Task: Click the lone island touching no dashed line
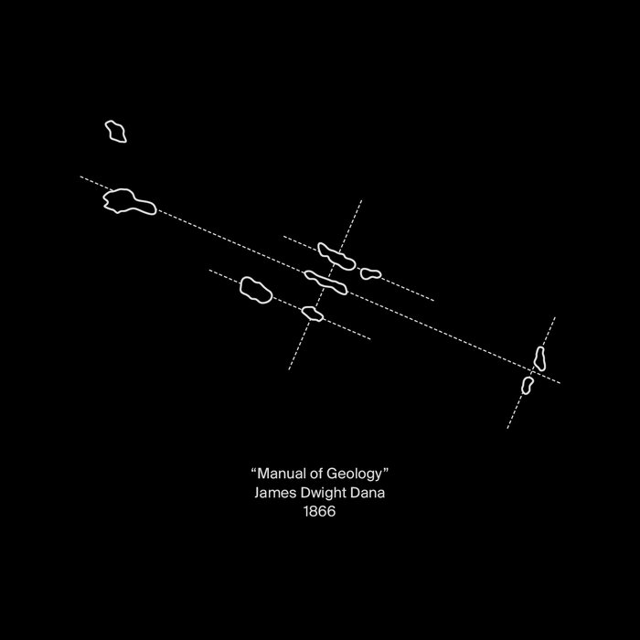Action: click(x=116, y=132)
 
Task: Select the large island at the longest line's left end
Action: click(x=130, y=201)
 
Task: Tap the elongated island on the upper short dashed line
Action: click(x=336, y=256)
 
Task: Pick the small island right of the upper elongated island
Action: click(x=370, y=273)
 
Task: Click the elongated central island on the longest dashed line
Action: click(x=325, y=283)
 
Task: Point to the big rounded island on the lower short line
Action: click(x=256, y=290)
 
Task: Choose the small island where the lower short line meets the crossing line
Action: click(x=313, y=314)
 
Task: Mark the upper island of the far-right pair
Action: click(x=539, y=358)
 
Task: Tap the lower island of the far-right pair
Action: click(x=527, y=385)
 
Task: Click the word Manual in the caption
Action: click(x=282, y=474)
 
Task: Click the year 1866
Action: click(x=320, y=511)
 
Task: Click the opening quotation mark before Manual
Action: click(x=254, y=470)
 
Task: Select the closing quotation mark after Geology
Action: click(x=385, y=470)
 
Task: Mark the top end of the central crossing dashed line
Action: click(x=362, y=200)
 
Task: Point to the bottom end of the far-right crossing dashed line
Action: click(x=507, y=429)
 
